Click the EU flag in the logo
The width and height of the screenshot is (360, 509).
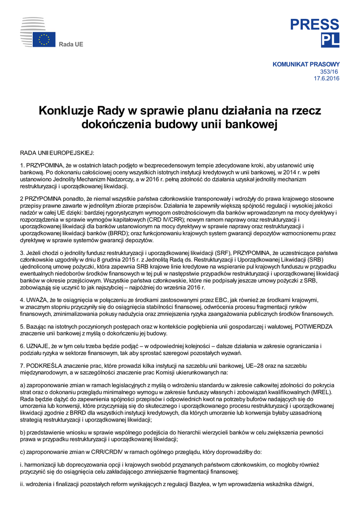[44, 40]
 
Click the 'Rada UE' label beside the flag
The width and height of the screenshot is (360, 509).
[71, 45]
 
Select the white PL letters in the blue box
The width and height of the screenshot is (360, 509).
[330, 40]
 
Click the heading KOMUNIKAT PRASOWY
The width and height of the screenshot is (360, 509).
[306, 64]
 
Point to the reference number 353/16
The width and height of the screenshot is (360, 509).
[330, 72]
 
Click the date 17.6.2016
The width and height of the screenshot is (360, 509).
[327, 79]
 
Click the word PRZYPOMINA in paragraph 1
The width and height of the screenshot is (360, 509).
[44, 165]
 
